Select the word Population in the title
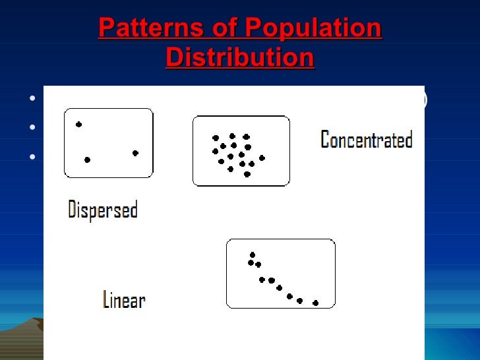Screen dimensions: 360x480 tap(313, 29)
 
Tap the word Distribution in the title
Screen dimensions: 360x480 tap(240, 58)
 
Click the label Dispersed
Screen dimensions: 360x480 tap(103, 210)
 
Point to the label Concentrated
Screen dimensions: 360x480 tap(366, 140)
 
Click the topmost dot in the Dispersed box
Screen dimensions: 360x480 tap(79, 124)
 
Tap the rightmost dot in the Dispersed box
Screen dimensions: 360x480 tap(135, 153)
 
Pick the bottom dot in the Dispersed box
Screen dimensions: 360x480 tap(87, 160)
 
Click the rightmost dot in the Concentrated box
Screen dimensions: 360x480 tap(262, 158)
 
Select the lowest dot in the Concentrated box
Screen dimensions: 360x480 tap(247, 174)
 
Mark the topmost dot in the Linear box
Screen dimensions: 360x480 tap(252, 255)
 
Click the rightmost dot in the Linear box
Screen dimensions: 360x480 tap(315, 303)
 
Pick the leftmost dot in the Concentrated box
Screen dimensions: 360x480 tap(215, 151)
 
